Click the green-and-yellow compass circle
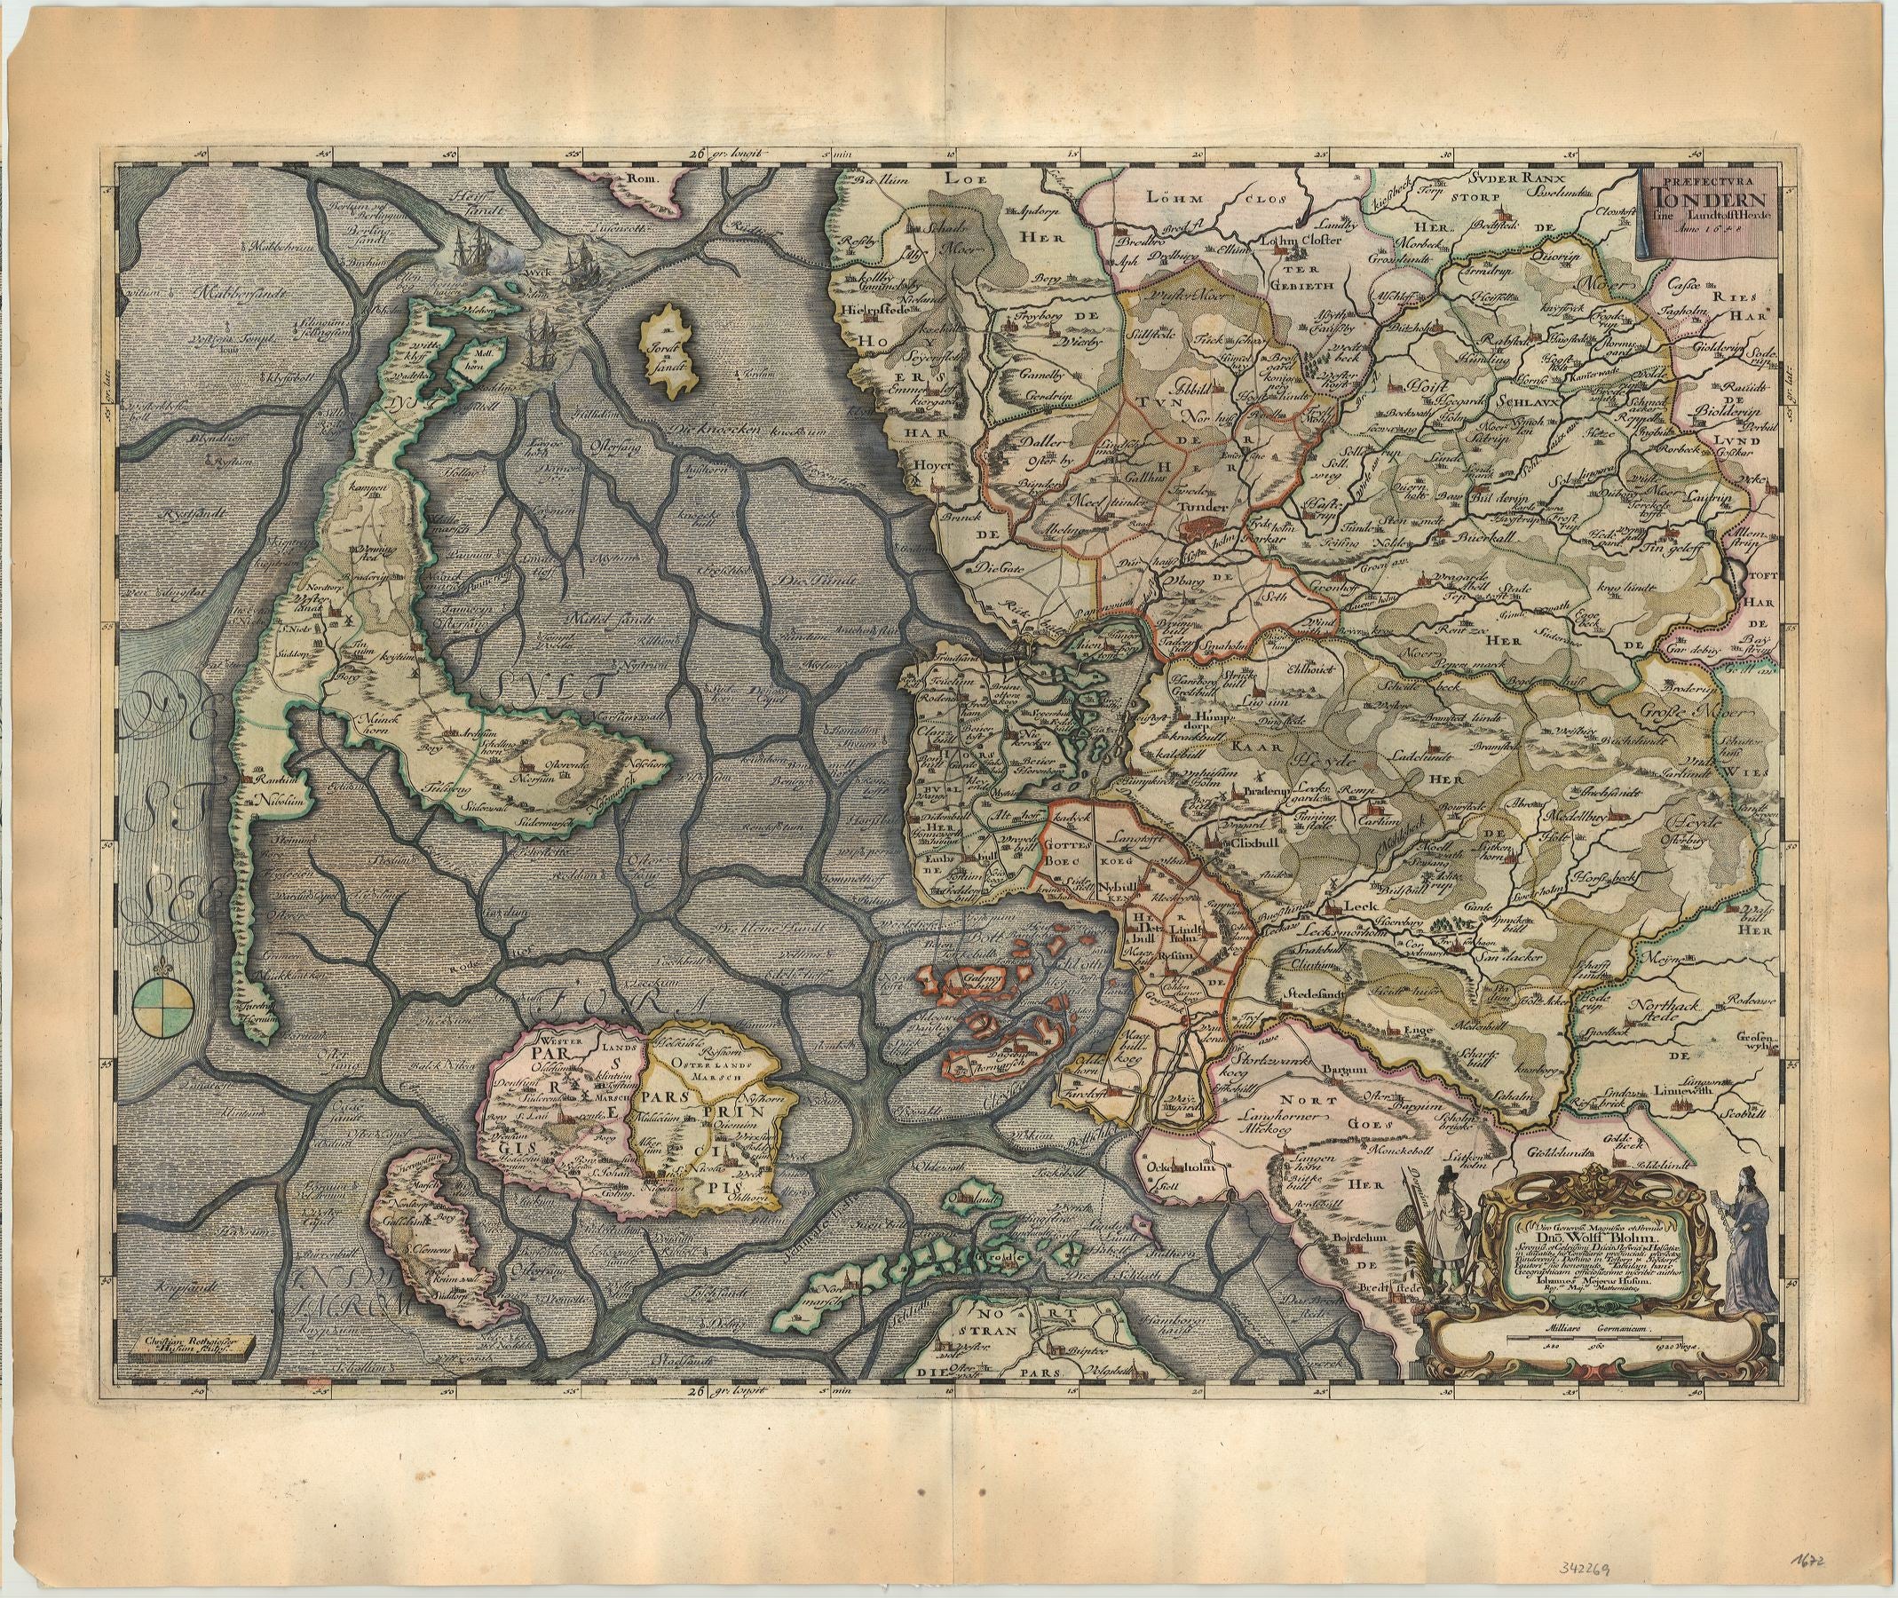pos(163,1007)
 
